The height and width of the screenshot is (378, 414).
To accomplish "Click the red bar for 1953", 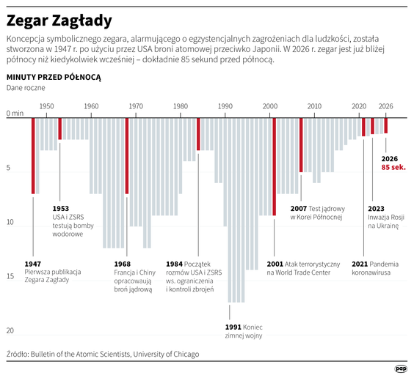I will click(60, 128).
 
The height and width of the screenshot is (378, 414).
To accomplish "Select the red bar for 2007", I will click(301, 144).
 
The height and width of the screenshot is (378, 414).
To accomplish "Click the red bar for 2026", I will click(386, 125).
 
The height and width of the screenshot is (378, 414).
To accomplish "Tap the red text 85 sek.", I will click(393, 168).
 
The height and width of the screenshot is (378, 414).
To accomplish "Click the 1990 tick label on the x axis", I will click(225, 107).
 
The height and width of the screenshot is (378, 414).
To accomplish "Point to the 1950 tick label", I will click(47, 107).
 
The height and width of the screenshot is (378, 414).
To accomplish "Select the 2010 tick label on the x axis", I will click(314, 107).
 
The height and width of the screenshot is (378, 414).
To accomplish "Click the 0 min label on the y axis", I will click(15, 114).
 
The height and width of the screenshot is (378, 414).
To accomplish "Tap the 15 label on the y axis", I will click(10, 276).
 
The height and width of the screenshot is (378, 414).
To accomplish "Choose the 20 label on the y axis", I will click(10, 330).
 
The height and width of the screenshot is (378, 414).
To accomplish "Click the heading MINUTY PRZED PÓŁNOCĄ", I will click(54, 76).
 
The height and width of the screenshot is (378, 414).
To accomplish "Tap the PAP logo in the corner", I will click(401, 368).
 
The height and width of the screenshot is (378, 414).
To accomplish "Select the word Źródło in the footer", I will click(20, 354).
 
